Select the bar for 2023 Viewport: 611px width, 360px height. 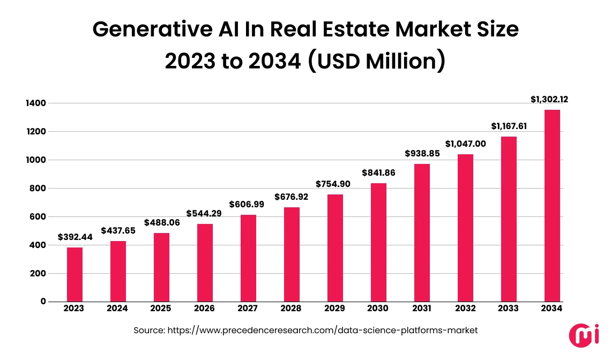pyautogui.click(x=75, y=274)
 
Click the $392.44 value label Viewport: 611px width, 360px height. pyautogui.click(x=75, y=237)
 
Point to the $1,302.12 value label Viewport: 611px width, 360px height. pyautogui.click(x=552, y=99)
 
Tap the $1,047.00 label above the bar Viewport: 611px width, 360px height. pyautogui.click(x=465, y=144)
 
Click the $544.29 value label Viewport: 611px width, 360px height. pyautogui.click(x=204, y=213)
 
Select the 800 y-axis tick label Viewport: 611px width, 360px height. pyautogui.click(x=38, y=188)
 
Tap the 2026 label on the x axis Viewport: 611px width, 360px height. pyautogui.click(x=204, y=309)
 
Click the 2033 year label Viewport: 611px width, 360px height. pyautogui.click(x=508, y=309)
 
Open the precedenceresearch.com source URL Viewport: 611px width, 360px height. pyautogui.click(x=322, y=331)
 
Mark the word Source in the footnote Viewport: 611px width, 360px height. pyautogui.click(x=148, y=331)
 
